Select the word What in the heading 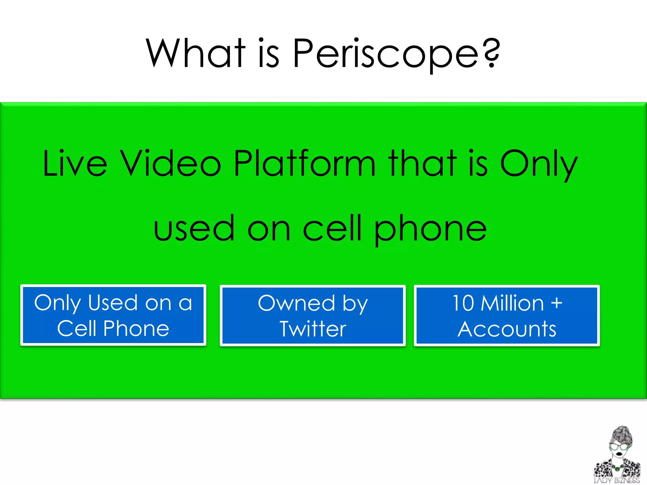(196, 53)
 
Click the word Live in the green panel (75, 164)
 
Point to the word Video (171, 164)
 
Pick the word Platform (305, 164)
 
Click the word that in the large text (422, 164)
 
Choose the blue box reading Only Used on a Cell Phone (113, 315)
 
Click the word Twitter (313, 329)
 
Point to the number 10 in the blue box (463, 303)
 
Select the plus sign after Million (556, 303)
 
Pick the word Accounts (507, 329)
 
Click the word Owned (296, 303)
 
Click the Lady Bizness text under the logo (616, 481)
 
